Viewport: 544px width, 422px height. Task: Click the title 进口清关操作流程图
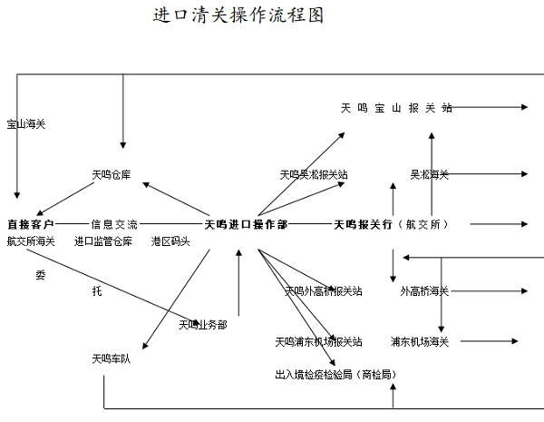point(239,16)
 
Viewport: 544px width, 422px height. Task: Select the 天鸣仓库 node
point(111,174)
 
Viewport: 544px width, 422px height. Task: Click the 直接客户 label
point(30,223)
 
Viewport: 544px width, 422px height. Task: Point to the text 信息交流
point(114,223)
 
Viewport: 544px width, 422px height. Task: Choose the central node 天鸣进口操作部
point(246,223)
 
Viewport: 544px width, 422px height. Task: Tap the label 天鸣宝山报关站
point(396,108)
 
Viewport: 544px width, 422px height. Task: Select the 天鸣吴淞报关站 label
point(314,173)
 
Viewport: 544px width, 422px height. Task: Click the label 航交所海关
point(31,241)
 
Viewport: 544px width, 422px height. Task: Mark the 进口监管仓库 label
point(103,241)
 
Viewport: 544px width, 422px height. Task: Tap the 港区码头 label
point(170,241)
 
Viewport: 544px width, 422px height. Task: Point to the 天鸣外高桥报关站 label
point(324,291)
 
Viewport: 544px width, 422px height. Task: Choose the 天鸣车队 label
point(111,358)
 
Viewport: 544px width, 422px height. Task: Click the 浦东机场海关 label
point(420,341)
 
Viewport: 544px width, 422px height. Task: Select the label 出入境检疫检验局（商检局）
point(335,373)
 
